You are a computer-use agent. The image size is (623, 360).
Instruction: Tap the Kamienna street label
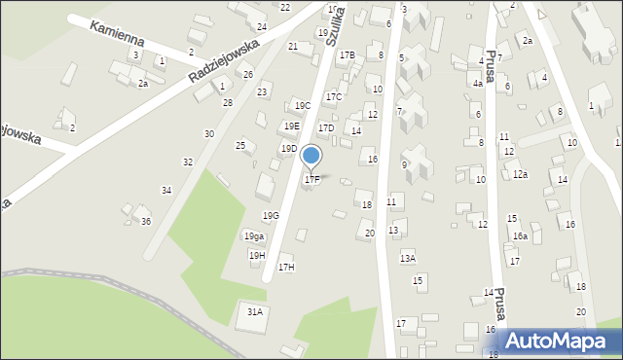pos(118,36)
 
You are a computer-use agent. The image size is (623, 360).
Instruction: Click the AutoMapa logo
pos(559,341)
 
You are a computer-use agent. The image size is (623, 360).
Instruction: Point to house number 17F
pos(311,179)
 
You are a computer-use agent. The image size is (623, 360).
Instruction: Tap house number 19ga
pos(254,236)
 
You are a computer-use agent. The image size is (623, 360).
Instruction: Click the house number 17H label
pos(286,267)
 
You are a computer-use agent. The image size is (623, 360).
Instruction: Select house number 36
pos(146,221)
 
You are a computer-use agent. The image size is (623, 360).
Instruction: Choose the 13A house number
pos(408,258)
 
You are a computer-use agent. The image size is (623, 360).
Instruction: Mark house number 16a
pos(521,236)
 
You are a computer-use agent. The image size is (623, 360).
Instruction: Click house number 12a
pos(521,174)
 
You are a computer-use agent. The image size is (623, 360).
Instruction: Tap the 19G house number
pos(271,215)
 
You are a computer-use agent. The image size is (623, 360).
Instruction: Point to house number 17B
pos(348,55)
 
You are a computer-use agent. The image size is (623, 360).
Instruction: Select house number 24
pos(262,26)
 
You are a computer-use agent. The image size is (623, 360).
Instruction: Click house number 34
pos(166,190)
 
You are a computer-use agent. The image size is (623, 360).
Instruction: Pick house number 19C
pos(303,105)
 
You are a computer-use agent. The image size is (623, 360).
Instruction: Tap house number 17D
pos(326,127)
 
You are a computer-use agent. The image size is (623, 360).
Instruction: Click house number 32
pos(188,162)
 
